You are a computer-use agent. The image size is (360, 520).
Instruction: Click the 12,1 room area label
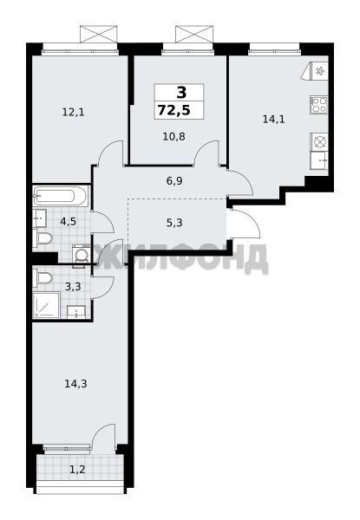pyautogui.click(x=74, y=113)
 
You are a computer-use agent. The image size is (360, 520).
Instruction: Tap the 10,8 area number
pyautogui.click(x=173, y=136)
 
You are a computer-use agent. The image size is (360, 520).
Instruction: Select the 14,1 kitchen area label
pyautogui.click(x=274, y=119)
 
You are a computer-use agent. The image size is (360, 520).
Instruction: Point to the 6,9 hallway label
pyautogui.click(x=174, y=181)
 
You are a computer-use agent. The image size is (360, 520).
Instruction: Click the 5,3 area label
pyautogui.click(x=174, y=223)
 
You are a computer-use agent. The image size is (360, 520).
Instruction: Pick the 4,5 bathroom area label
pyautogui.click(x=68, y=221)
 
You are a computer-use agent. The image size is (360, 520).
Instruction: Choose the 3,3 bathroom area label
pyautogui.click(x=73, y=287)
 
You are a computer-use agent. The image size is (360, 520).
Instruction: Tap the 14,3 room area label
pyautogui.click(x=75, y=384)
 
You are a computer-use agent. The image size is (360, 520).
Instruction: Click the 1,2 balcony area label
pyautogui.click(x=77, y=470)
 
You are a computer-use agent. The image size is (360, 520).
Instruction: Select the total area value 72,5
pyautogui.click(x=174, y=110)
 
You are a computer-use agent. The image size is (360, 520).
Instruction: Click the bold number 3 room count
pyautogui.click(x=181, y=93)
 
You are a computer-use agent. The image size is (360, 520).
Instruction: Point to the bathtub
pyautogui.click(x=61, y=196)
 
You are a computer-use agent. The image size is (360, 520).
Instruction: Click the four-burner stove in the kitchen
pyautogui.click(x=319, y=105)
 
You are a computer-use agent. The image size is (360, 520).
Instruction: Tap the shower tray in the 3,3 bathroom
pyautogui.click(x=46, y=305)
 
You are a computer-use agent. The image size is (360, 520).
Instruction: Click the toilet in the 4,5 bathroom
pyautogui.click(x=43, y=238)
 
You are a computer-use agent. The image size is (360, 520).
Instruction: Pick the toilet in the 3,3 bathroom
pyautogui.click(x=43, y=276)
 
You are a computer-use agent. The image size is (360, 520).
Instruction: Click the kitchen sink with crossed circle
pyautogui.click(x=319, y=142)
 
